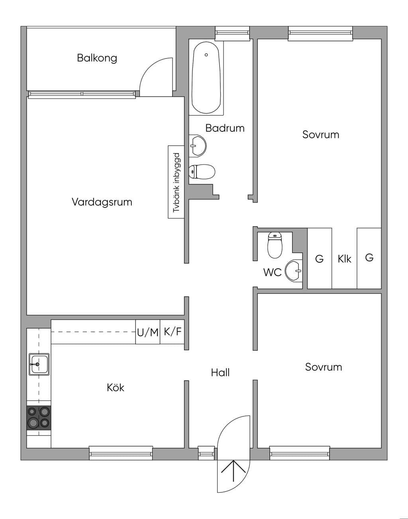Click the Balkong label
tap(97, 58)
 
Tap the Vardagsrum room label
tap(102, 202)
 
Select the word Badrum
tap(225, 128)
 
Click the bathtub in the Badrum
tap(206, 78)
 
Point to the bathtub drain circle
tap(206, 55)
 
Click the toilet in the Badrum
tap(202, 172)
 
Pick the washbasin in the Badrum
tap(198, 146)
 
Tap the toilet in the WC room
tap(275, 245)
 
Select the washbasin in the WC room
tap(294, 271)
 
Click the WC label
tap(273, 272)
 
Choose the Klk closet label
tap(344, 259)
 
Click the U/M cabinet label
tap(148, 332)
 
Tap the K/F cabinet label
tap(173, 332)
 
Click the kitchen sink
tap(39, 365)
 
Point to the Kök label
tap(116, 388)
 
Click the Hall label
tap(220, 373)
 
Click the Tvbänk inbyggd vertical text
tap(177, 183)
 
